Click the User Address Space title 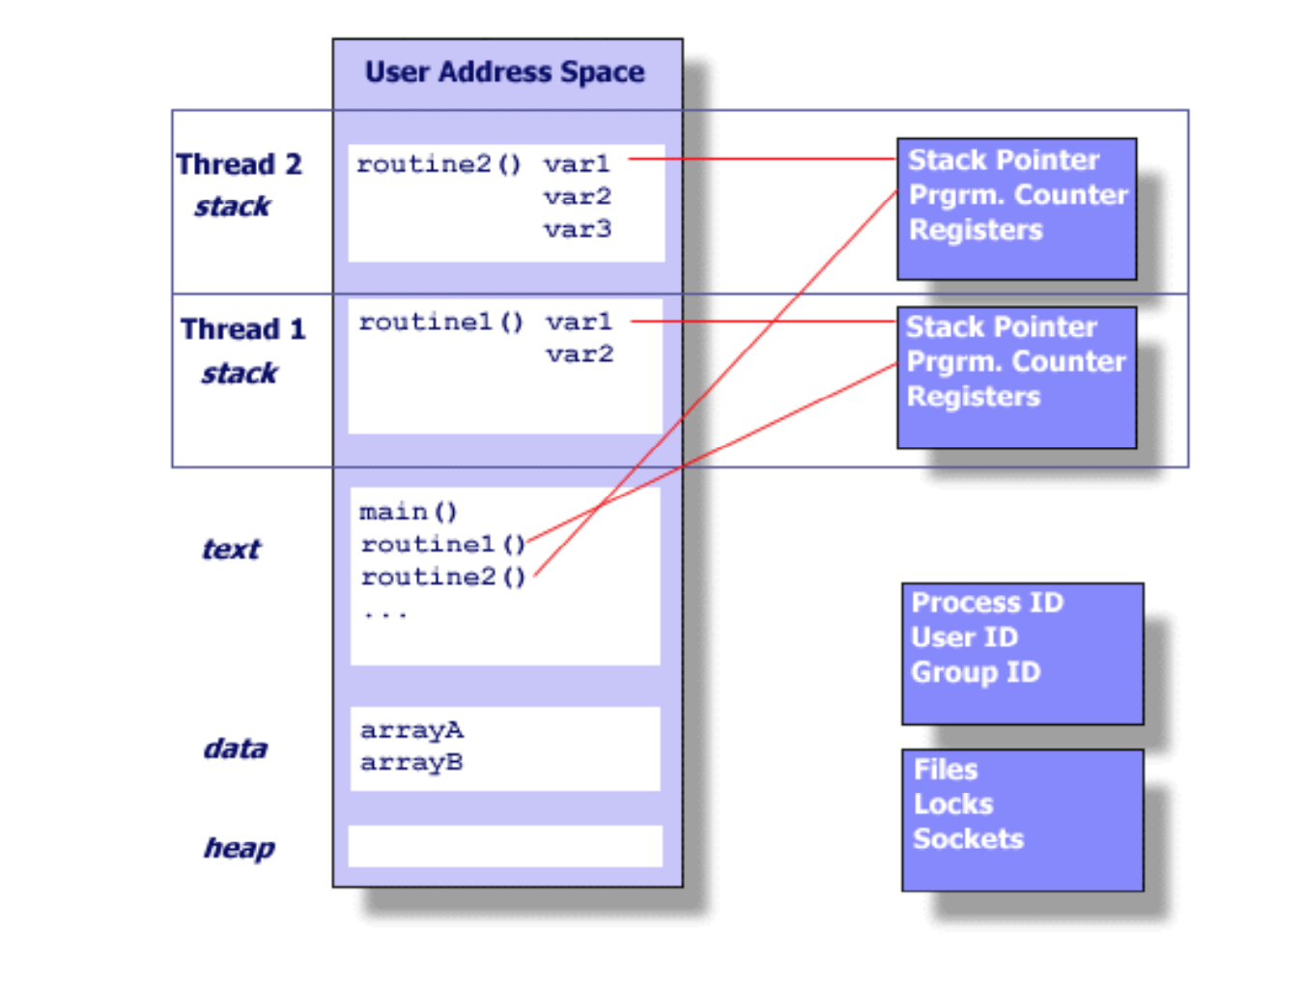point(504,72)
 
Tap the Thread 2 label point(240,164)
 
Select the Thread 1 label point(243,329)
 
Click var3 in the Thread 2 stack point(577,230)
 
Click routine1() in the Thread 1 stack point(440,323)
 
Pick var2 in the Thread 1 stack point(580,354)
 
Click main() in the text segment point(409,512)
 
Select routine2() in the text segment point(443,577)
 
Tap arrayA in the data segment point(412,730)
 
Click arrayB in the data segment point(412,763)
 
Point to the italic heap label point(240,848)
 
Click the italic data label point(236,748)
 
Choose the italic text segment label point(232,549)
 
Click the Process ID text point(987,603)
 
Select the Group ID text point(976,673)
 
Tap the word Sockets point(968,839)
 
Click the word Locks point(953,804)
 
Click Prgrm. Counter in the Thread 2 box point(1018,195)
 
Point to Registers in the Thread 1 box point(974,397)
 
